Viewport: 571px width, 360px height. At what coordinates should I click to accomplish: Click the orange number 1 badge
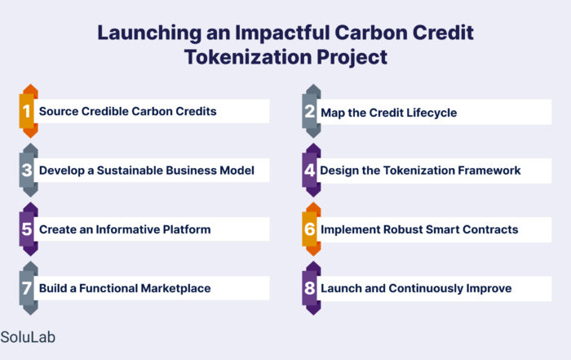pos(29,111)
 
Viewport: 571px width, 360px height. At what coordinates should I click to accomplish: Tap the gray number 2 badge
pos(312,111)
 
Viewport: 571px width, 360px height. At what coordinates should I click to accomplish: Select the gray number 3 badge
pos(29,170)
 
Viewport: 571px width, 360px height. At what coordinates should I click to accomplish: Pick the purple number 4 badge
pos(312,170)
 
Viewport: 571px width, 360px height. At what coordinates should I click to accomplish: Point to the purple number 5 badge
pos(29,229)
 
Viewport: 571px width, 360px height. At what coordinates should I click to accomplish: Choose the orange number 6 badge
pos(312,229)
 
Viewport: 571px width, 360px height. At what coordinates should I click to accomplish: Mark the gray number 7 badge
pos(29,288)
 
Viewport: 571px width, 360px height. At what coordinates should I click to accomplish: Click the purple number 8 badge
pos(312,288)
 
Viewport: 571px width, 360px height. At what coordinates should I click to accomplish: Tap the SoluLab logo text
pos(28,337)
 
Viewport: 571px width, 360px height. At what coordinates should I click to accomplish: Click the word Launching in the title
pos(149,33)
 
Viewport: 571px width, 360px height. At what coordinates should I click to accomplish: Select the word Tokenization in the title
pos(248,57)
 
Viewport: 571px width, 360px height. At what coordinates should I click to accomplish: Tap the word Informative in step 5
pos(127,229)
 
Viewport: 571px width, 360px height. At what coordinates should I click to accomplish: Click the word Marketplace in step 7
pos(176,288)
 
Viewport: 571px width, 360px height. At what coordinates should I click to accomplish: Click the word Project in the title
pos(352,58)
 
